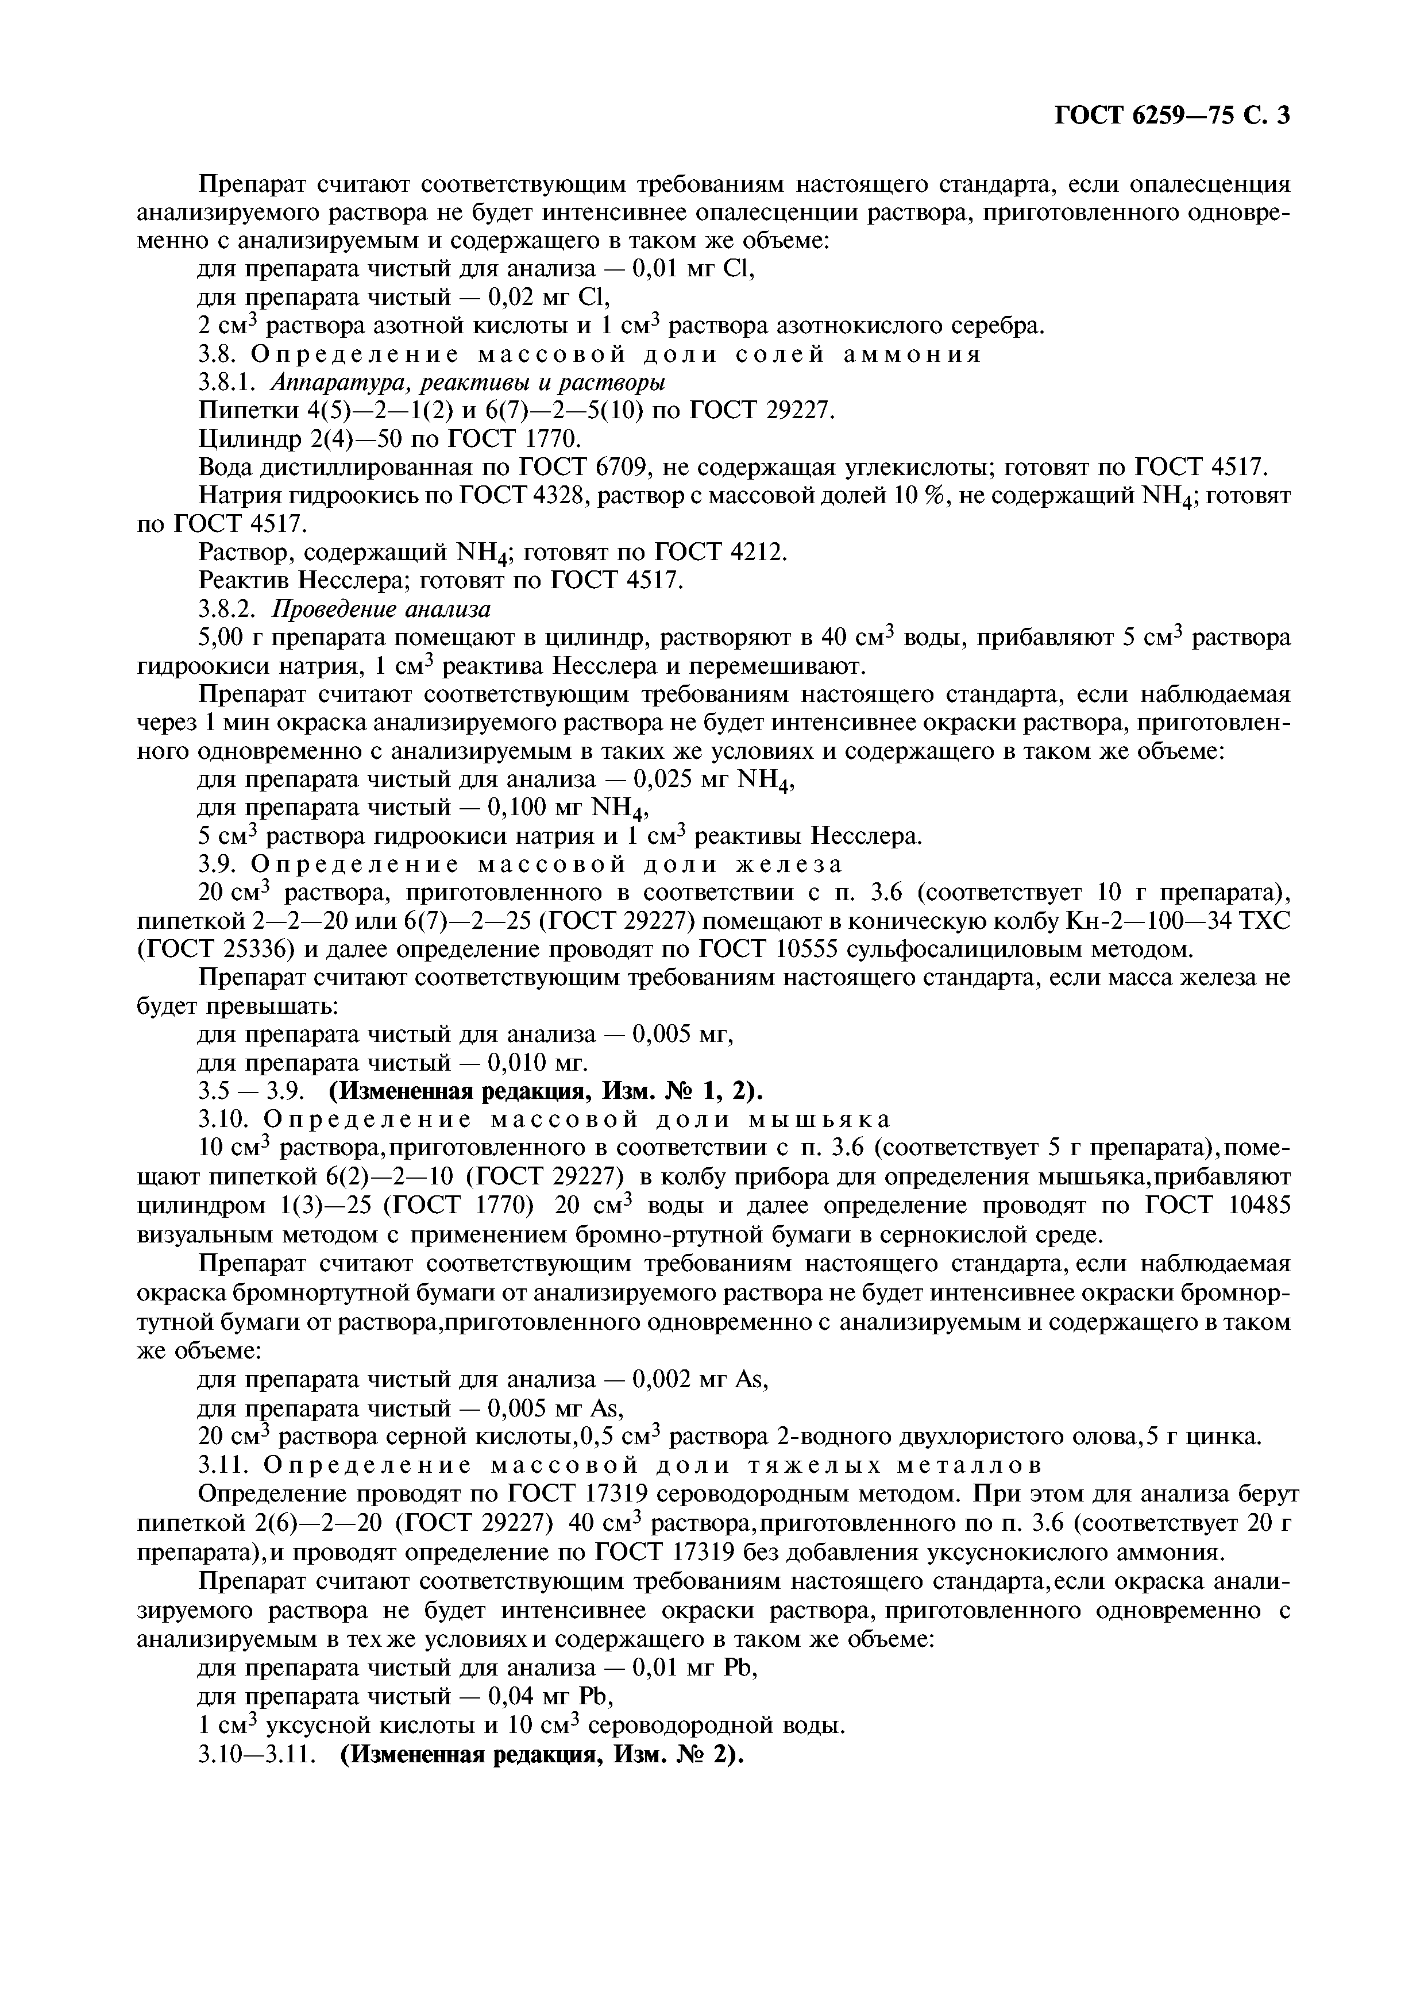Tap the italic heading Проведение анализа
[381, 608]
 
